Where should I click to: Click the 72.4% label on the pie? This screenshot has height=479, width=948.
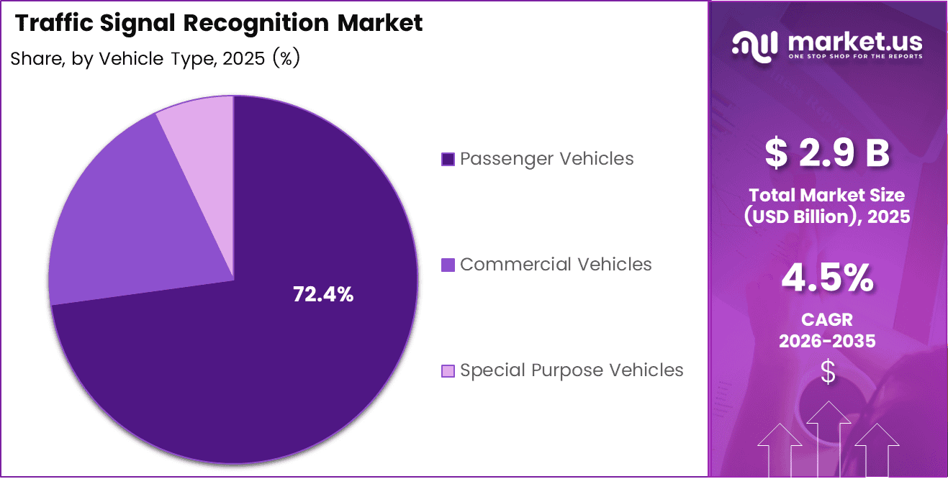[x=323, y=294]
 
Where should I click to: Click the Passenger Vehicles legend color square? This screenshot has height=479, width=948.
[x=448, y=159]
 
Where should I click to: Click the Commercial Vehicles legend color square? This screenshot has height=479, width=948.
[x=448, y=265]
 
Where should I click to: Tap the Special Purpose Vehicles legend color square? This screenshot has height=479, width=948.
[x=448, y=371]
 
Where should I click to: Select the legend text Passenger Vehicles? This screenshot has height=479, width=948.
[x=547, y=158]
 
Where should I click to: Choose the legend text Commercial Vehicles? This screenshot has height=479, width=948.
[x=556, y=264]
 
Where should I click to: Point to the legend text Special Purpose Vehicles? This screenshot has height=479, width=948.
[x=572, y=370]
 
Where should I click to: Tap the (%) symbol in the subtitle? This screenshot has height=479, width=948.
[x=286, y=59]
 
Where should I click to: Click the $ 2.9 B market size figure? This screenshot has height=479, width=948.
[x=827, y=153]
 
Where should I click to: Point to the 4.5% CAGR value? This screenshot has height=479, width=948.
[x=827, y=279]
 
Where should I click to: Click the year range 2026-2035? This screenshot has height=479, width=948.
[x=827, y=341]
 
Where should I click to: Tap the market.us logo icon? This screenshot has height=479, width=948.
[x=755, y=45]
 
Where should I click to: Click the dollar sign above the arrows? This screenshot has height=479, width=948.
[x=828, y=372]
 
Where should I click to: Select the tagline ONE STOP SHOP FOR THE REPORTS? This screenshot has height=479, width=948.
[x=855, y=56]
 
